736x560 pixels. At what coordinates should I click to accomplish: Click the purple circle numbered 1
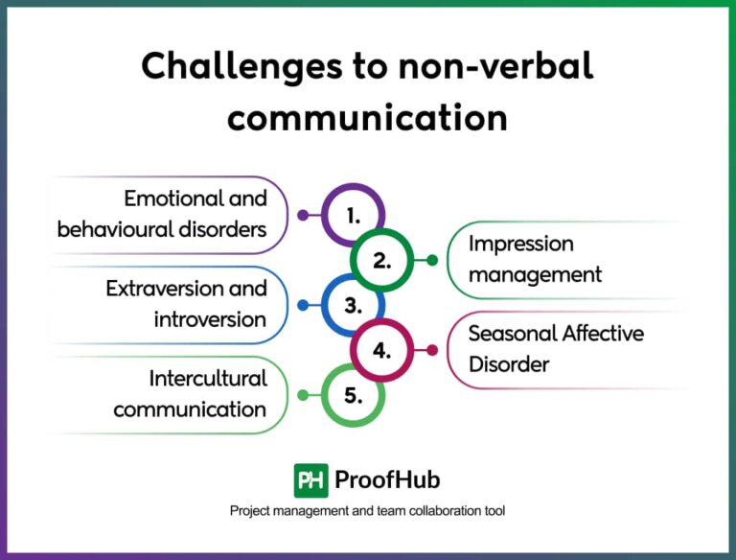pos(353,215)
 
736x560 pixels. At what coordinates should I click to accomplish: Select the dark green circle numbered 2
pos(381,260)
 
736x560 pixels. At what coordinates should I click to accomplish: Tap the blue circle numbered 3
pos(353,305)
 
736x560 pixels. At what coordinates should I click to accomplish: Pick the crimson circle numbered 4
pos(381,350)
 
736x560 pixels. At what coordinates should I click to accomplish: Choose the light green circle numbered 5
pos(353,395)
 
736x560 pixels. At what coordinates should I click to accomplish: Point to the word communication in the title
pos(367,117)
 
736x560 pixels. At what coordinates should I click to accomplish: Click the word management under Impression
pos(535,274)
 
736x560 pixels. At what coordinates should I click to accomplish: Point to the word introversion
pos(209,319)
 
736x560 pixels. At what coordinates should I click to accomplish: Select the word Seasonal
pos(510,333)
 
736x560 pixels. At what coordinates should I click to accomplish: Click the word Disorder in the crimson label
pos(508,364)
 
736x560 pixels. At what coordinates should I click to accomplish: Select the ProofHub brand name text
pos(387,479)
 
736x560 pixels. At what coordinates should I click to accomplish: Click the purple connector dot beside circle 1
pos(303,215)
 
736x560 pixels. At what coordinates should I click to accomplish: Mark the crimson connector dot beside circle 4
pos(431,350)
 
